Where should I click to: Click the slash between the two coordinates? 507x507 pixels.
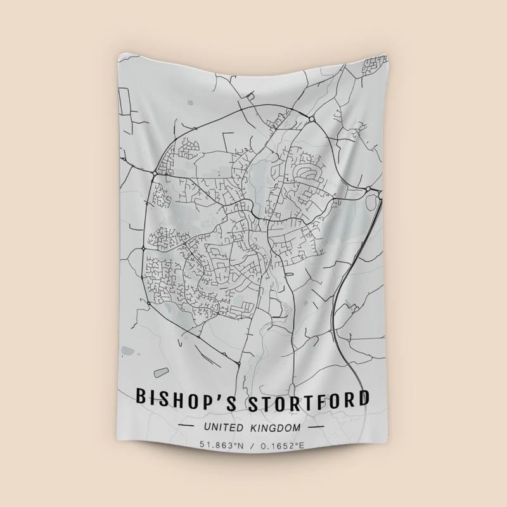pos(253,446)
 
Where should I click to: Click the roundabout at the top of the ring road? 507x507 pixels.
pos(311,119)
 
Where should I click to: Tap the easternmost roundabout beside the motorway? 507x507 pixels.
pos(368,188)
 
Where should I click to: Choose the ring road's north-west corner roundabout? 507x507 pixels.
pos(155,172)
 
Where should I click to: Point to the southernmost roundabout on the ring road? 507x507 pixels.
pos(237,364)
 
